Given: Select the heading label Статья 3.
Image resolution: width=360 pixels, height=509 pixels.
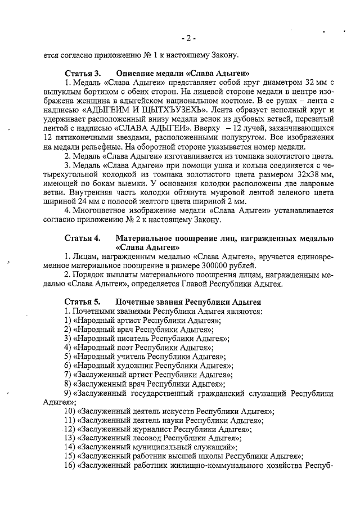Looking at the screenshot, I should pos(83,74).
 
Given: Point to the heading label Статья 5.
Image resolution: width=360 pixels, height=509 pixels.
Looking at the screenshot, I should pos(83,302).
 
